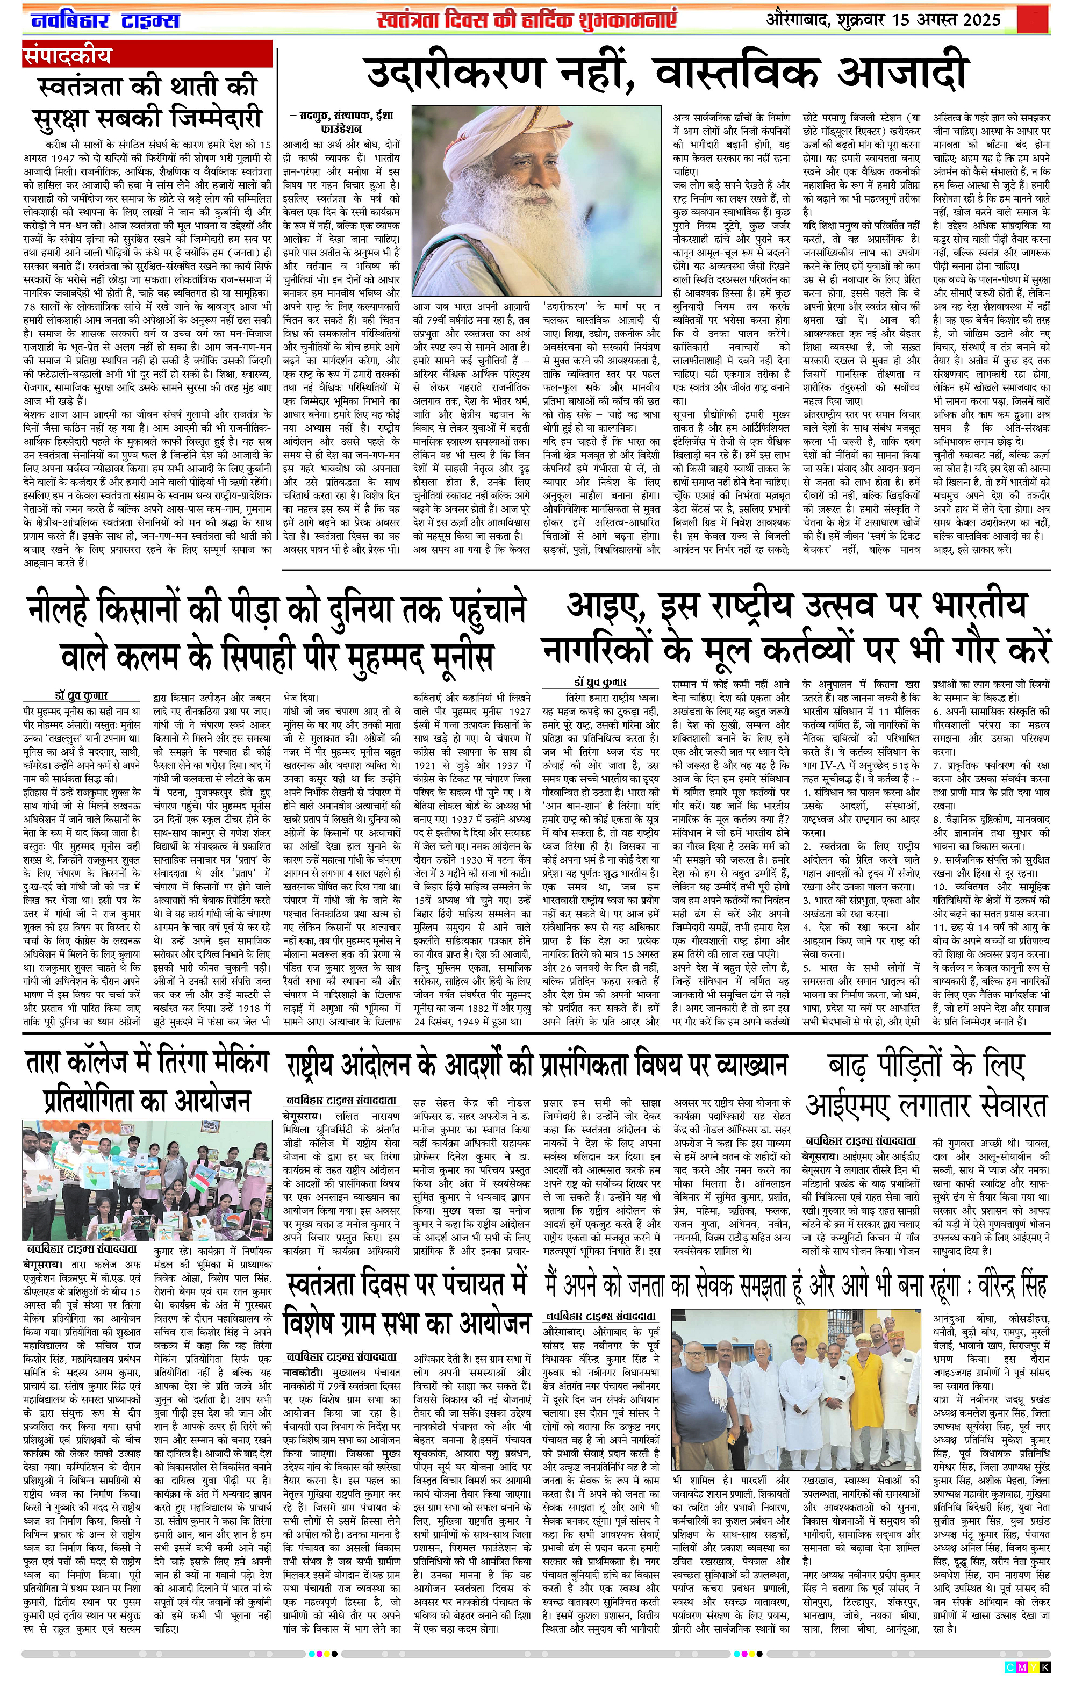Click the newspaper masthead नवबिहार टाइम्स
(105, 20)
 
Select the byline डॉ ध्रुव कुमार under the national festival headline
(600, 681)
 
